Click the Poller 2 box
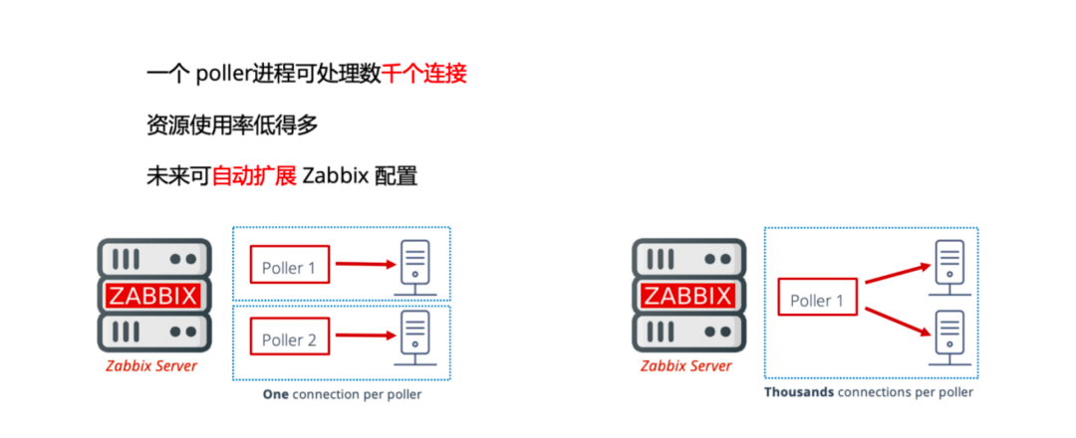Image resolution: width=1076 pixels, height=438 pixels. (x=289, y=339)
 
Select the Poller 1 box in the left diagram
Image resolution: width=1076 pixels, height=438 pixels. (x=289, y=267)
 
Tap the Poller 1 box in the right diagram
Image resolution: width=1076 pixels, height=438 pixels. (x=817, y=300)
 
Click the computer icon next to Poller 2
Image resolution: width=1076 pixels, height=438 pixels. (x=413, y=336)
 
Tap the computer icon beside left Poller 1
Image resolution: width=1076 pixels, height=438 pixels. (x=413, y=265)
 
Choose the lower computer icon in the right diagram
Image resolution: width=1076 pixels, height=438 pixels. (x=950, y=335)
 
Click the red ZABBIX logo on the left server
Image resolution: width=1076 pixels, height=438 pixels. (x=153, y=295)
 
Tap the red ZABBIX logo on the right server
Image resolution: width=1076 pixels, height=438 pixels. (x=688, y=295)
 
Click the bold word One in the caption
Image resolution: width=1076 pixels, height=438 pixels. (x=275, y=394)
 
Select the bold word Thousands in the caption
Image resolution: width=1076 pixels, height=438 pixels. (x=799, y=392)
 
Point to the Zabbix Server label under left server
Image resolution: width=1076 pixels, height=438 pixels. (x=151, y=366)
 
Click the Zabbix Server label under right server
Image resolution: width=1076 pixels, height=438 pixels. (x=686, y=366)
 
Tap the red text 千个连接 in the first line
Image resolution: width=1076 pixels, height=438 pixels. (x=424, y=74)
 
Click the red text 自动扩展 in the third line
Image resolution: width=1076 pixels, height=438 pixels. (x=254, y=176)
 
